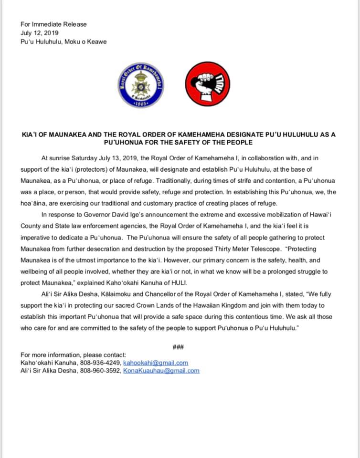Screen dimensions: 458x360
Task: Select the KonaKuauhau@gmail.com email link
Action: pos(161,371)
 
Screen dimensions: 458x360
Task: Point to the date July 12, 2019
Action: pos(40,32)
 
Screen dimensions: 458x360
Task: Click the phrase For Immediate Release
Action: pos(53,24)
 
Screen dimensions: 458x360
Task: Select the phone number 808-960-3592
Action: pos(100,371)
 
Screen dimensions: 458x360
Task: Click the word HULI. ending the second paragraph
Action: pos(177,283)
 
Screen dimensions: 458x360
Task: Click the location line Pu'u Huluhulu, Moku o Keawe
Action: pos(64,42)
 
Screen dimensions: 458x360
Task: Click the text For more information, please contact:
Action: pos(74,354)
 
